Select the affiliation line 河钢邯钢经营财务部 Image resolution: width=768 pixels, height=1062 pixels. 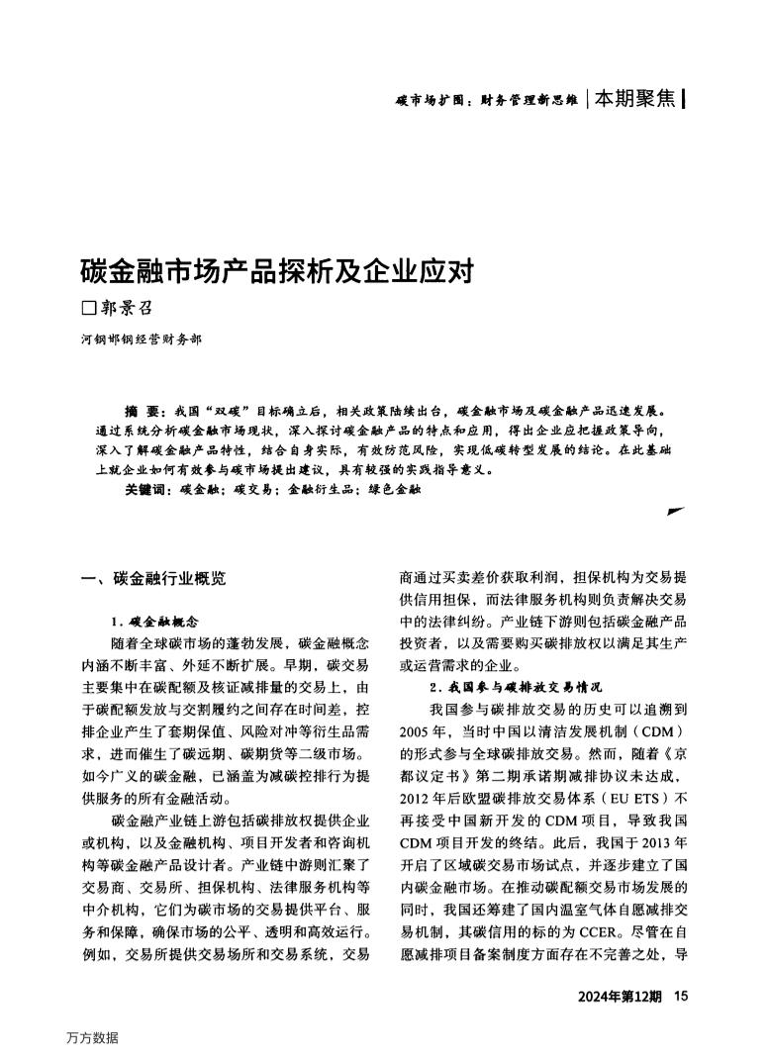[141, 339]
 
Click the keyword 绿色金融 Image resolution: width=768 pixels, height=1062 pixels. [394, 489]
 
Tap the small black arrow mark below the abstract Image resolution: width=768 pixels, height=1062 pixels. [676, 511]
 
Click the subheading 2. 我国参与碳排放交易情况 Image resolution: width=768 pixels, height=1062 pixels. [515, 687]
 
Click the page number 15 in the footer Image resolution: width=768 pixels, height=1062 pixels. [679, 996]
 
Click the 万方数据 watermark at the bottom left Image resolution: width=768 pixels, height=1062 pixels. [92, 1037]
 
